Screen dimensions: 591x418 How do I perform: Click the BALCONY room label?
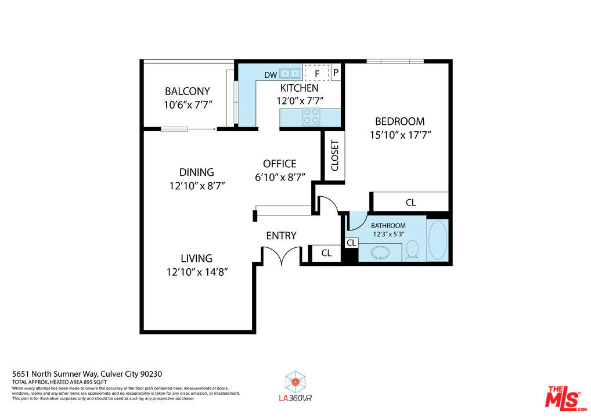point(188,91)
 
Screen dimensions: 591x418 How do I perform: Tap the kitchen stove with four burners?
point(311,117)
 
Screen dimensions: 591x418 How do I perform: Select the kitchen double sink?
point(290,73)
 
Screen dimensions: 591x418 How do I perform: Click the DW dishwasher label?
point(271,75)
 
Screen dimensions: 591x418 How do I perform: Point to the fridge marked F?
point(317,73)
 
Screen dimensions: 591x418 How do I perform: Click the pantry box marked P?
point(336,72)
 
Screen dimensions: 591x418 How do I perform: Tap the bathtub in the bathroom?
point(438,240)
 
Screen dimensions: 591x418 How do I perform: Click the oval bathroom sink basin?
point(380,253)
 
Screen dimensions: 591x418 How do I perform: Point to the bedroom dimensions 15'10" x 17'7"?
point(400,135)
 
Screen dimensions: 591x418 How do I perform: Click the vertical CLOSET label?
point(335,156)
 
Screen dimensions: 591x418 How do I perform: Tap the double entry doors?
point(282,255)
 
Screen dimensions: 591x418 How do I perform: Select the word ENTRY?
point(281,236)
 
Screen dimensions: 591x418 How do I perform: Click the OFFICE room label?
point(280,164)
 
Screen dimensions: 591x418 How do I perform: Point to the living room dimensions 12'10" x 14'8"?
point(197,272)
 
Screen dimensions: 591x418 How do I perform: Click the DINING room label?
point(197,172)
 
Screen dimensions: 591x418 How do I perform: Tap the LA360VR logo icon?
point(295,381)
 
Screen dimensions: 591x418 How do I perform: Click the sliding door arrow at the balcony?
point(203,129)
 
